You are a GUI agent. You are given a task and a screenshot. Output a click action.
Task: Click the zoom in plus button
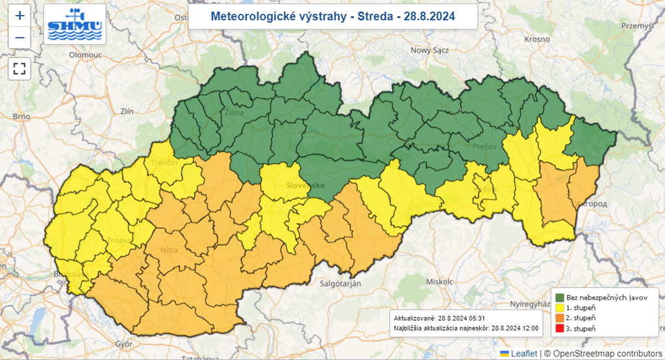tap(19, 16)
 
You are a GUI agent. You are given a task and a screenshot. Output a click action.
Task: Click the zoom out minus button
tap(19, 38)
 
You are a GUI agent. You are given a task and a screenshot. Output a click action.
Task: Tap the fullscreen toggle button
tap(19, 68)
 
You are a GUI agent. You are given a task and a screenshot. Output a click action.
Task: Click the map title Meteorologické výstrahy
tap(332, 16)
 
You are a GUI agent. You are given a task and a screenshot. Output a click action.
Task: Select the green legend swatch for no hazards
tap(560, 297)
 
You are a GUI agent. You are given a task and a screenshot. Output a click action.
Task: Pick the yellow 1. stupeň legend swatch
tap(560, 307)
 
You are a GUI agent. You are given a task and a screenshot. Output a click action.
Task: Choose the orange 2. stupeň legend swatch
tap(560, 318)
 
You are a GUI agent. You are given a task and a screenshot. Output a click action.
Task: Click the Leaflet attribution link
tap(523, 354)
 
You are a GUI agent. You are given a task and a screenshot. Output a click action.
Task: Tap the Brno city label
tap(21, 116)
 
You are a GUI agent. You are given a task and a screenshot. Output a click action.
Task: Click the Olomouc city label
tap(86, 55)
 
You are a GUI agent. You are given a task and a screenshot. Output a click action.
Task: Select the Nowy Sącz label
tap(430, 50)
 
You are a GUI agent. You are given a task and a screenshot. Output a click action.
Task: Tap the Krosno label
tap(538, 39)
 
